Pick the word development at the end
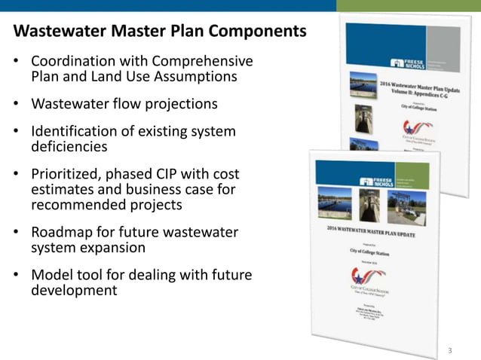[x=74, y=290]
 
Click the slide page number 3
[x=449, y=350]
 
